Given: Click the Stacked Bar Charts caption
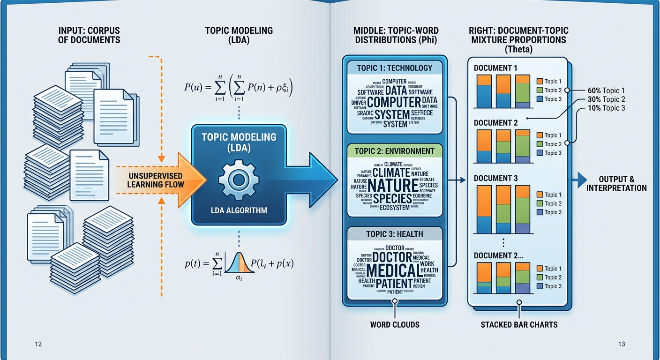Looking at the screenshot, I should coord(519,324).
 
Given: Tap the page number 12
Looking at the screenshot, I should coord(38,345).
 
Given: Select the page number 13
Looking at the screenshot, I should coord(622,345).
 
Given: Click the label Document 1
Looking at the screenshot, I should coord(495,68).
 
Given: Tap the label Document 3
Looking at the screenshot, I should coord(495,179).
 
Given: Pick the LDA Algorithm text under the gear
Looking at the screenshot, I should coord(238,210).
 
